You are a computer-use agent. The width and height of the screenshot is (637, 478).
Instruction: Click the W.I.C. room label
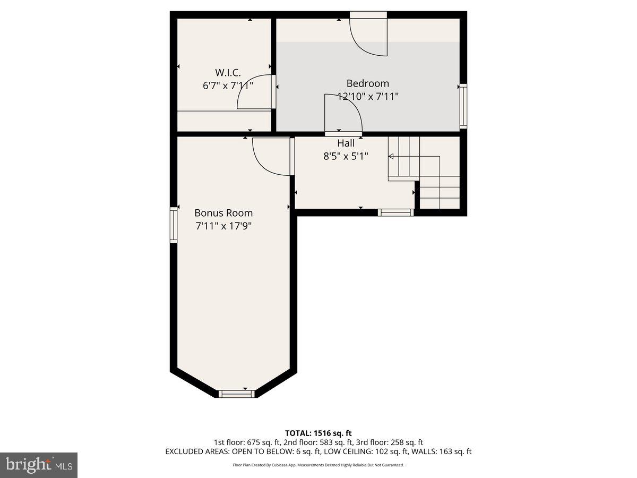228,72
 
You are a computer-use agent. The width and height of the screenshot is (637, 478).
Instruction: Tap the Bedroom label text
367,83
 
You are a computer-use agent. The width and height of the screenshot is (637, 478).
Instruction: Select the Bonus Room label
223,213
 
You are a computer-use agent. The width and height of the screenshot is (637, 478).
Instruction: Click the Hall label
346,143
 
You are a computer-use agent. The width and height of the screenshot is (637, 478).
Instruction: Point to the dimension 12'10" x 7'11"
368,97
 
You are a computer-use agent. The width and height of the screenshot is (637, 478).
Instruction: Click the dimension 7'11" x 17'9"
223,226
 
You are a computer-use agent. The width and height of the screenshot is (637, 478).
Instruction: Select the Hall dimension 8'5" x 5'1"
346,157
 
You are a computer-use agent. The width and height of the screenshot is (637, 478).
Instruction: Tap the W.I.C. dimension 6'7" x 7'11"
228,85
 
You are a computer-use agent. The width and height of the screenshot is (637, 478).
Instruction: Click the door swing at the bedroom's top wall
368,37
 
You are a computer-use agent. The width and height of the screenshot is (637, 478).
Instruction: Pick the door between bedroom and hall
343,113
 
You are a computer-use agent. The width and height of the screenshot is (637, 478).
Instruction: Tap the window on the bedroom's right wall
463,106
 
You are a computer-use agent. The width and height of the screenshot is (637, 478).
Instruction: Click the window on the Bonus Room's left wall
174,225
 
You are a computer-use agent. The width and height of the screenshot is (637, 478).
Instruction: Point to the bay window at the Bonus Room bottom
237,394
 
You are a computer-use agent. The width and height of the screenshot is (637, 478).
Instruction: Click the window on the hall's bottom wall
395,212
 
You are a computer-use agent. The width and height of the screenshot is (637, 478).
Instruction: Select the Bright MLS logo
39,465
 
